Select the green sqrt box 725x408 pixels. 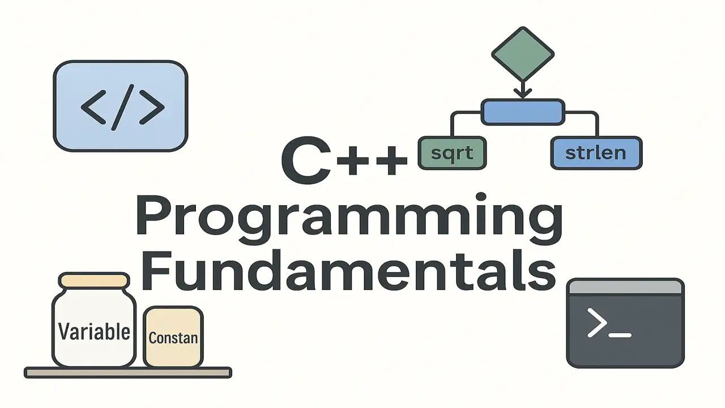click(452, 153)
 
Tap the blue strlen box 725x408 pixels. click(596, 153)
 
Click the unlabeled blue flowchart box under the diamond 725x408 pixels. click(523, 112)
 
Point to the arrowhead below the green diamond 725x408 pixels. click(522, 91)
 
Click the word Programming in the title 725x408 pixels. click(349, 219)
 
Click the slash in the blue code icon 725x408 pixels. click(122, 106)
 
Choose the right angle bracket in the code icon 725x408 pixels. click(151, 106)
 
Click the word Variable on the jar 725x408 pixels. click(94, 331)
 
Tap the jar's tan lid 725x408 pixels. click(94, 280)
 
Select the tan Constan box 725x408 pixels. click(173, 337)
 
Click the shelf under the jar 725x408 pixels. click(128, 372)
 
